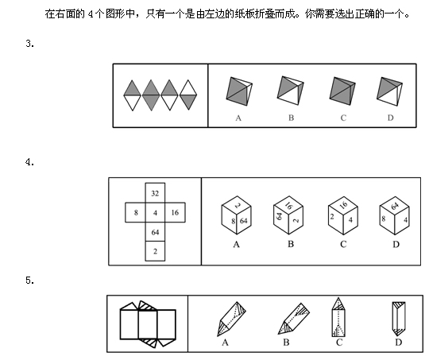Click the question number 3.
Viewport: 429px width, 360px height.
30,44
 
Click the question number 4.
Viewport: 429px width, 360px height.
30,162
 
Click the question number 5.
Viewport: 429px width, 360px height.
30,281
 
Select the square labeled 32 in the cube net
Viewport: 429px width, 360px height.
155,193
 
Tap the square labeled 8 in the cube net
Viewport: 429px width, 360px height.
135,212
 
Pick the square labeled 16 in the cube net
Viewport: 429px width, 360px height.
175,212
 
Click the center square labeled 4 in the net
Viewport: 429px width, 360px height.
155,212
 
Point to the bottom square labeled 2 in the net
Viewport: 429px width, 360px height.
155,251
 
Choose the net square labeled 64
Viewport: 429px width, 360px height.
155,232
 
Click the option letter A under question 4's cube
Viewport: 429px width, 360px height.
237,244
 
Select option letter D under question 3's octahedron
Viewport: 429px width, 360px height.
390,118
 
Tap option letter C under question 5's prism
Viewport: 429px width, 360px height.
339,343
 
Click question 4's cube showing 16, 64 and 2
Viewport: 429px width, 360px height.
288,215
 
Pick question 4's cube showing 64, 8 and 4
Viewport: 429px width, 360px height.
394,215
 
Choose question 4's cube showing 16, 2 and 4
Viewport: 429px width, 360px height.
343,215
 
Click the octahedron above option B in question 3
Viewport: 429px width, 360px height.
290,91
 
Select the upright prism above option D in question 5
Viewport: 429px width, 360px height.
399,319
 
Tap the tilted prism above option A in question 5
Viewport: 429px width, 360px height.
231,319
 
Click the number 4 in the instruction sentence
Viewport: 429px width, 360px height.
91,14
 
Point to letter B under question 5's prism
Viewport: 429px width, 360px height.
286,343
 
